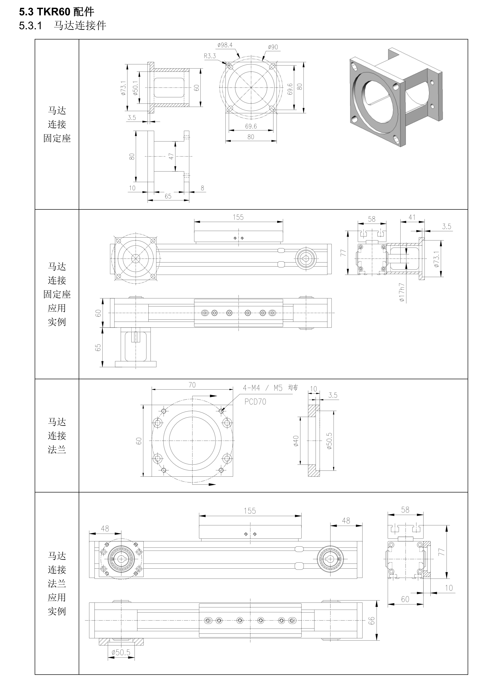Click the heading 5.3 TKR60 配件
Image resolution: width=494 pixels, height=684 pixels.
pyautogui.click(x=57, y=12)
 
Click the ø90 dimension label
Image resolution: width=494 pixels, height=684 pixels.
pyautogui.click(x=273, y=47)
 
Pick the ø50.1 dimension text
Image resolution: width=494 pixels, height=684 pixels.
pyautogui.click(x=135, y=88)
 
